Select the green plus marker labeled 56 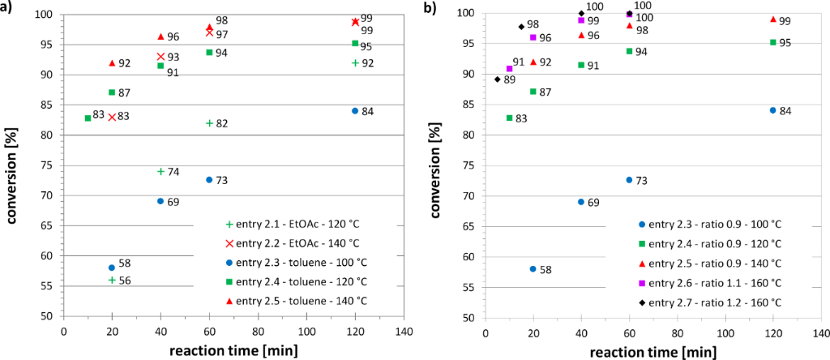[x=112, y=280]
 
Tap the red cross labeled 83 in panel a [x=112, y=117]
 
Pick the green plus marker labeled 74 [x=160, y=171]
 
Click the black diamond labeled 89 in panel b [x=497, y=79]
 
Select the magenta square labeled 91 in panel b [x=509, y=69]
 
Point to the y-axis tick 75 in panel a [x=49, y=165]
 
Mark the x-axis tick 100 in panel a [x=306, y=332]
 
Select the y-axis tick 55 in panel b [x=469, y=287]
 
